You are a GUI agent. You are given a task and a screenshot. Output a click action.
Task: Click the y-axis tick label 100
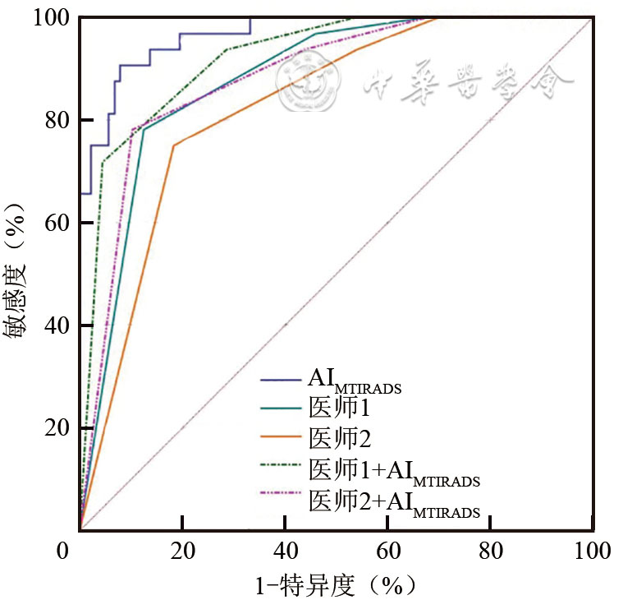[x=49, y=17]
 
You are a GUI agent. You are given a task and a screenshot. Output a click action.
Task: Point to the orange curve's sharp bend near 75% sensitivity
[x=173, y=145]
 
